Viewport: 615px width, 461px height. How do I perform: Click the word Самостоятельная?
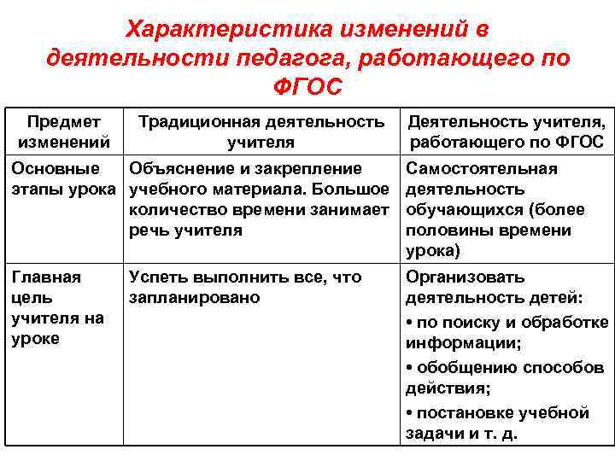[x=482, y=168]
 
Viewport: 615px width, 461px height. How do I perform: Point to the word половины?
[x=446, y=230]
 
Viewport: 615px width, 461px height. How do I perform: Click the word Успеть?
[x=158, y=277]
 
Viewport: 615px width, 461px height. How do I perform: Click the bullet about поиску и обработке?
[x=507, y=322]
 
